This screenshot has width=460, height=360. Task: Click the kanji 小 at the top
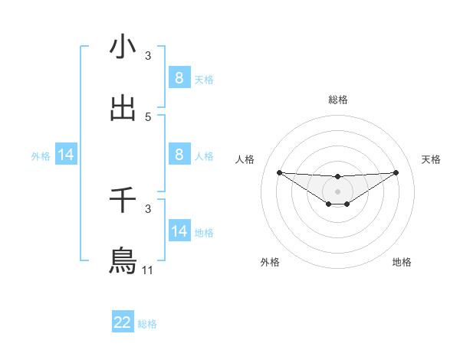[x=123, y=47]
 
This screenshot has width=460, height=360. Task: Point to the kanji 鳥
[x=123, y=260]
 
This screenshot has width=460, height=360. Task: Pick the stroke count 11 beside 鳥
[x=148, y=270]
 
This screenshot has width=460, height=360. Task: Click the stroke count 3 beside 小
[x=148, y=56]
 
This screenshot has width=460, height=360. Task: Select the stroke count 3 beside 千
[x=148, y=208]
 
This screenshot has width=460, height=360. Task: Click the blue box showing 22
[x=123, y=322]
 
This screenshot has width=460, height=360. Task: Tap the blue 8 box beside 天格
[x=179, y=78]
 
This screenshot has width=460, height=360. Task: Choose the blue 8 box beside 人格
[x=179, y=154]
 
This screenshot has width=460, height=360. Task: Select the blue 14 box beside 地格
[x=179, y=231]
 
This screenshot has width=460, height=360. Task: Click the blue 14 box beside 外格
[x=66, y=155]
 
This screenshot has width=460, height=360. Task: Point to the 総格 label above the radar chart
[x=337, y=100]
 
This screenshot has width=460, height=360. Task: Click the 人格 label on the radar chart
[x=245, y=159]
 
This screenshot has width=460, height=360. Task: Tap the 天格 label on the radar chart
[x=431, y=159]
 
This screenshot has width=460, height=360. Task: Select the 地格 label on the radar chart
[x=402, y=262]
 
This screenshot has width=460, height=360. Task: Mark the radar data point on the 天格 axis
[x=396, y=172]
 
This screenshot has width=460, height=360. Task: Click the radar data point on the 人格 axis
[x=279, y=172]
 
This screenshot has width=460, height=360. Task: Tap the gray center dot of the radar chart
[x=337, y=191]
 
